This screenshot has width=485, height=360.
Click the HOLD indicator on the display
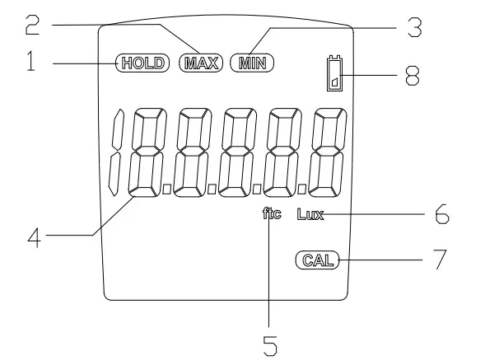[142, 63]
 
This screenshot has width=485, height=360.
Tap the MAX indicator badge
[201, 63]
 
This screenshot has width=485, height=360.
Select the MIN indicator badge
[252, 63]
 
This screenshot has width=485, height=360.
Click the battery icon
[335, 73]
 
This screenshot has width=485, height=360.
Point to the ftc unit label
[272, 213]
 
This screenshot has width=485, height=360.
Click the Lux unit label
[310, 214]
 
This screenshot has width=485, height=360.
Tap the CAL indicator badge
[318, 260]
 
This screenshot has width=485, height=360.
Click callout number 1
[30, 61]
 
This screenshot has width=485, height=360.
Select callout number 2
[32, 25]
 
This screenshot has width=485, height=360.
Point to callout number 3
[414, 27]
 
